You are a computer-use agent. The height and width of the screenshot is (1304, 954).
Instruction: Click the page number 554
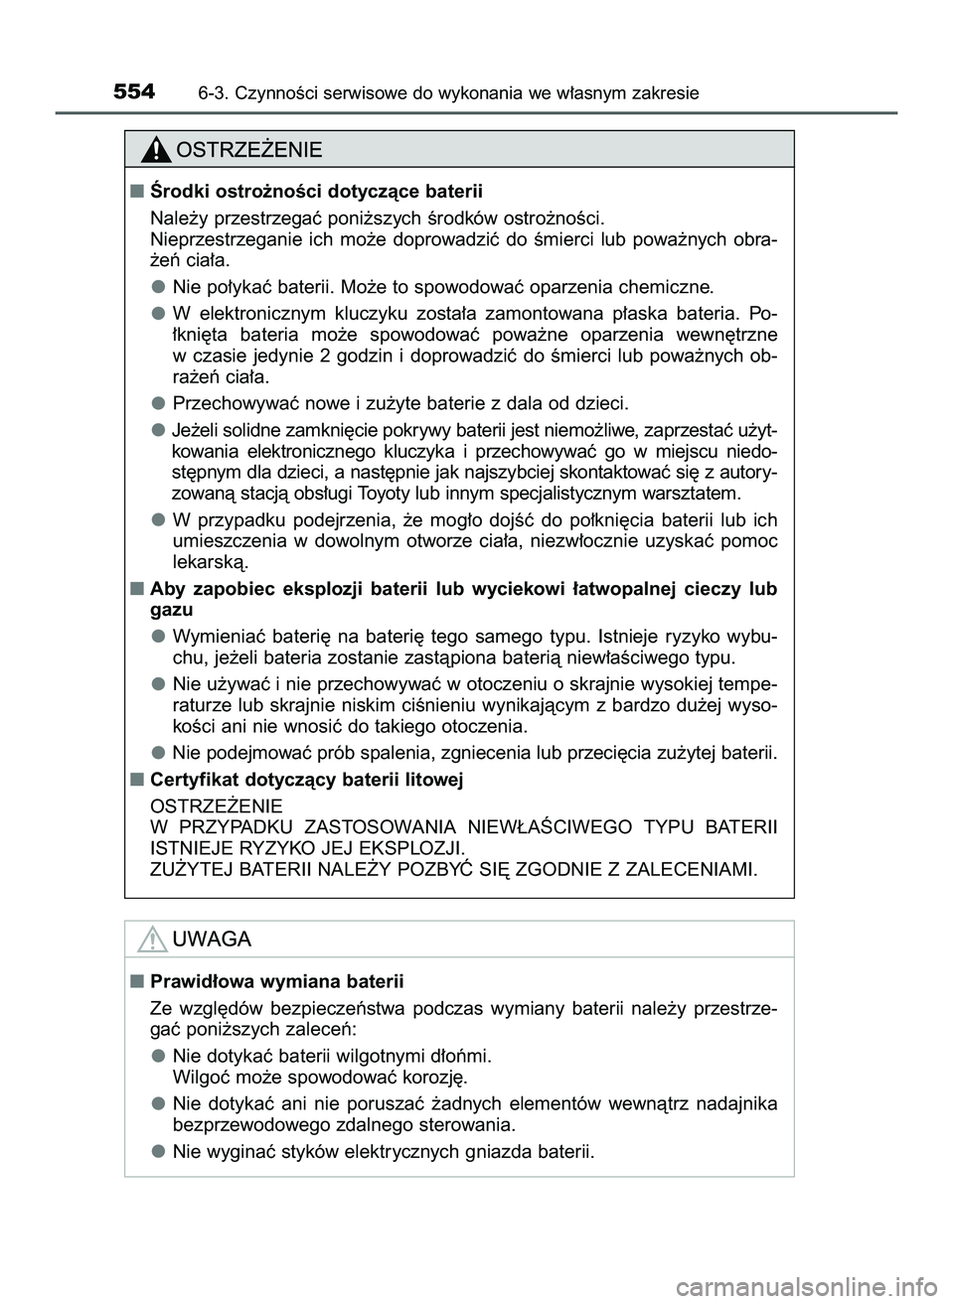click(x=134, y=92)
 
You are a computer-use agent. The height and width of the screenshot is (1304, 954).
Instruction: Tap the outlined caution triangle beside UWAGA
click(x=152, y=939)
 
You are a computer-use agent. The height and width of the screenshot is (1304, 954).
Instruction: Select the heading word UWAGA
click(x=212, y=939)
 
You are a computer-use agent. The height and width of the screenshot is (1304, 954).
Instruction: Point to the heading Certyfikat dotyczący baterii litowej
click(x=306, y=780)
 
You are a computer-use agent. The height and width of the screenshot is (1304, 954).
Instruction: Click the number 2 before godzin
click(x=327, y=357)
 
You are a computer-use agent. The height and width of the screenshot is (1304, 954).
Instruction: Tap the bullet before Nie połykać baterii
click(x=158, y=287)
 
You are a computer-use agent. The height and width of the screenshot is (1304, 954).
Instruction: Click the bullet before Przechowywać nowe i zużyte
click(x=158, y=402)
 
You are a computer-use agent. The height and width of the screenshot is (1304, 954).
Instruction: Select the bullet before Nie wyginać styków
click(x=158, y=1151)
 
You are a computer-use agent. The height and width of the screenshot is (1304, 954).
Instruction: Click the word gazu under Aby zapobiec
click(x=171, y=610)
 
